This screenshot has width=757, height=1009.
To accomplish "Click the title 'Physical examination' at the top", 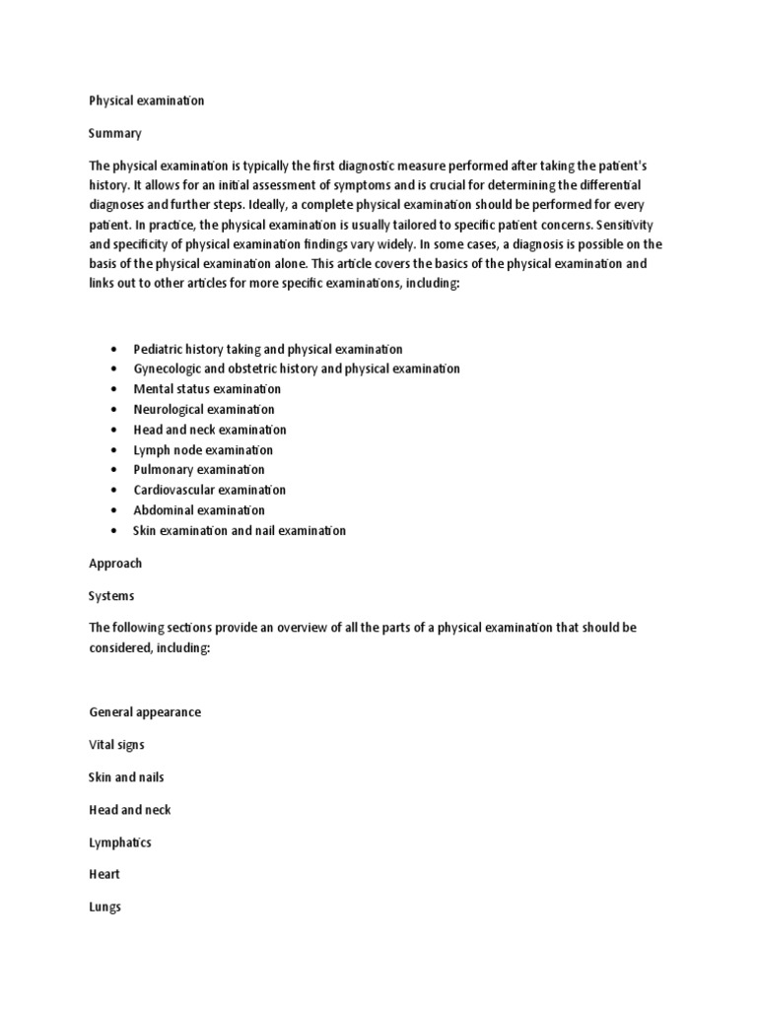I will pos(146,101).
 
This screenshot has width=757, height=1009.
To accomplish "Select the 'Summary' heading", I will pos(115,133).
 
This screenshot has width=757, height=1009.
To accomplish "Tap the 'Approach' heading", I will pos(115,564).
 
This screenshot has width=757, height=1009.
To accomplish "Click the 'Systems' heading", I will pos(111,596).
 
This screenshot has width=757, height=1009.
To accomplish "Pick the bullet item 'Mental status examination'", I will pos(207,389).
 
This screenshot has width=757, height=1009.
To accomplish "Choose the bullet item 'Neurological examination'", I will pos(204,409).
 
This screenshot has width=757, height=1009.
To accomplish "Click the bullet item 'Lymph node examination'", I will pos(203,450).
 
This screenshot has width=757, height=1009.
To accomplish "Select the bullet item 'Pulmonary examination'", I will pos(199,470).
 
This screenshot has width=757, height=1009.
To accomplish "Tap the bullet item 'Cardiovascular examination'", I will pos(210,490).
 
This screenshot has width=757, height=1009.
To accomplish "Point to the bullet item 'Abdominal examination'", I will pos(199,510).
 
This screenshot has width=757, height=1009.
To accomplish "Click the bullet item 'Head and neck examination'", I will pos(210,430).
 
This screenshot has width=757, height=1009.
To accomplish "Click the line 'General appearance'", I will pos(145,712).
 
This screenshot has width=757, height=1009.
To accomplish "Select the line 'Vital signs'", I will pos(116,745).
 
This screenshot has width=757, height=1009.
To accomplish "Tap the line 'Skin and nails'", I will pos(126,777).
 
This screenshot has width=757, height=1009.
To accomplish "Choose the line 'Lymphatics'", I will pos(119,842).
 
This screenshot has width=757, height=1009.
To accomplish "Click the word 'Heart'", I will pos(104,875).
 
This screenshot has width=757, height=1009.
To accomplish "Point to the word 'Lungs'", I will pos(104,908).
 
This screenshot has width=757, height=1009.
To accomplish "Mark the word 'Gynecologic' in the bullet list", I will pos(169,369).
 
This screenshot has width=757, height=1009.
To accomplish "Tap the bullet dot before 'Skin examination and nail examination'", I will pos(116,531).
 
